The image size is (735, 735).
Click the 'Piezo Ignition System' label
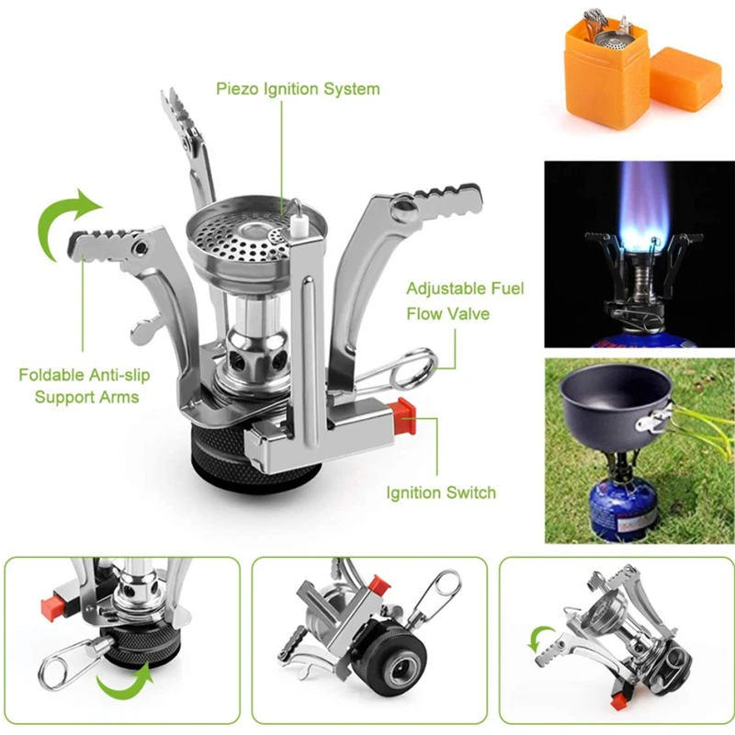pyautogui.click(x=298, y=89)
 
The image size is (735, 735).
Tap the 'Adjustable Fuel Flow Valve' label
pyautogui.click(x=465, y=301)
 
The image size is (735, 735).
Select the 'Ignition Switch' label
pyautogui.click(x=440, y=492)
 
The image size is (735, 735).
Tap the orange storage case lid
pyautogui.click(x=685, y=80)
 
